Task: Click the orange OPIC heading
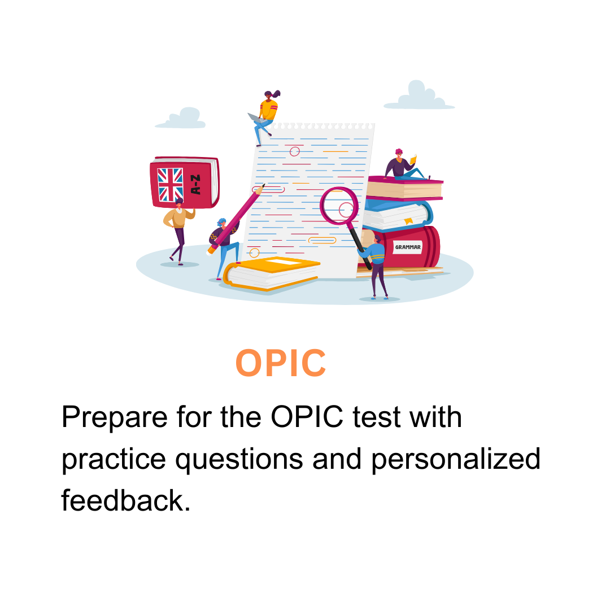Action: pyautogui.click(x=281, y=363)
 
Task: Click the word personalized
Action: pyautogui.click(x=456, y=460)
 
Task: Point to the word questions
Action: pyautogui.click(x=239, y=460)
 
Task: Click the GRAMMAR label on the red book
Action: pyautogui.click(x=408, y=247)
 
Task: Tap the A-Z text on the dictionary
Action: pyautogui.click(x=195, y=184)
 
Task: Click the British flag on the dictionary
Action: pyautogui.click(x=170, y=184)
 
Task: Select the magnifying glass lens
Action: pyautogui.click(x=339, y=206)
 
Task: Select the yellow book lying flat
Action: pyautogui.click(x=272, y=273)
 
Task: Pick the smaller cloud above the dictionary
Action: pyautogui.click(x=181, y=118)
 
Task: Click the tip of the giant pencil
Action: pyautogui.click(x=264, y=184)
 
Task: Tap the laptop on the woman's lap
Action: pyautogui.click(x=257, y=118)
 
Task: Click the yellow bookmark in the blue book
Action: pyautogui.click(x=408, y=221)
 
